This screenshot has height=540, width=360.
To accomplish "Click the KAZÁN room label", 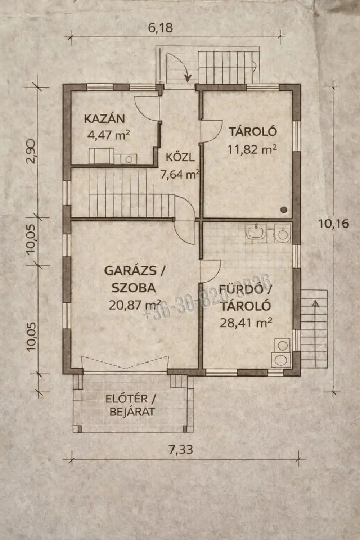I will click(104, 118).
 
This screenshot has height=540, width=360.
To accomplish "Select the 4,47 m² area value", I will click(108, 135).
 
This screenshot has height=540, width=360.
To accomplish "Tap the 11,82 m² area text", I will click(252, 149).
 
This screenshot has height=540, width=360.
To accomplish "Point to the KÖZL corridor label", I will click(180, 157).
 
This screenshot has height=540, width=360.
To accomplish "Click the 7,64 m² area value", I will click(180, 175).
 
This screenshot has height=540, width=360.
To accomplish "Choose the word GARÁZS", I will click(130, 270).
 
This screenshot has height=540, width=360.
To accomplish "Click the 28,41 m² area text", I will click(246, 323).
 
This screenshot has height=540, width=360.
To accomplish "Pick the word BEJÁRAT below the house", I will click(132, 411).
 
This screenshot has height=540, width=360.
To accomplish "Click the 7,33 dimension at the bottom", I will click(180, 449).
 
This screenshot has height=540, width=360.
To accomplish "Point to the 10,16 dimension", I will click(333, 224).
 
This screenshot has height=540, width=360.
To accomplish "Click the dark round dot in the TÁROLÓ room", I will click(284, 209).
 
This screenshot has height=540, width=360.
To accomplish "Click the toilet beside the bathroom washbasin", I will click(283, 233).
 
